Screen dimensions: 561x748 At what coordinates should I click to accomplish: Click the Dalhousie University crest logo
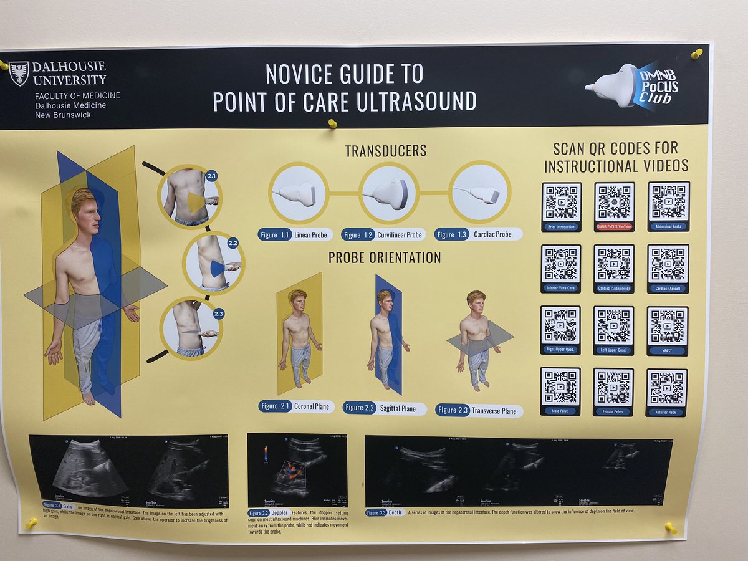tap(19, 73)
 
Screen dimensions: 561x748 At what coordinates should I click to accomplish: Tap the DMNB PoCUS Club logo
tap(633, 87)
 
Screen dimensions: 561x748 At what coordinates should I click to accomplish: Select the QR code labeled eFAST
tap(668, 326)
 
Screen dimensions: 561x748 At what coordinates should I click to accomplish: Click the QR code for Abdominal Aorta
tap(669, 202)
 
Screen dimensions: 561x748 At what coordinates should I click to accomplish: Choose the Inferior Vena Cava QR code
tap(561, 264)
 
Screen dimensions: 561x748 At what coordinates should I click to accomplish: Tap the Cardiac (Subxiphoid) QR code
tap(614, 264)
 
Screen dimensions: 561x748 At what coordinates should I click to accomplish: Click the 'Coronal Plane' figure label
tap(296, 406)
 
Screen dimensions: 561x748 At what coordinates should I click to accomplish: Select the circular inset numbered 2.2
tap(214, 263)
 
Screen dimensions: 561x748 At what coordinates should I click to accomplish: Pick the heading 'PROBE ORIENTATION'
tap(385, 257)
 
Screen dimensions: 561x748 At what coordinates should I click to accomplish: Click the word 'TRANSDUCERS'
tap(385, 151)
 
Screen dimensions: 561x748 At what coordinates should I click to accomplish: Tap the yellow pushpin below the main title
tap(332, 123)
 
